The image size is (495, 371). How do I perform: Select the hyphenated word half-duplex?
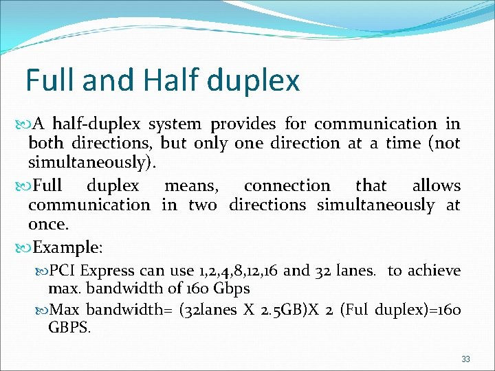(x=97, y=124)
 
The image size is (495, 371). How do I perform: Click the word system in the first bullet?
(x=175, y=125)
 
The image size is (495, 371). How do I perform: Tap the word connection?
(x=287, y=186)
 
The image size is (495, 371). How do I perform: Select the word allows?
(x=436, y=186)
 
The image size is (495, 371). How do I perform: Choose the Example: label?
(x=67, y=247)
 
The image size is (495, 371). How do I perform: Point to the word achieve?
(x=434, y=271)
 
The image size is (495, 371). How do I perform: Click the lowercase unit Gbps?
(x=231, y=289)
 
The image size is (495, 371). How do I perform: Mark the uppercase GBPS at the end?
(x=69, y=327)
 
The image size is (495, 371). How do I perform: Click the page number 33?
(x=465, y=359)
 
